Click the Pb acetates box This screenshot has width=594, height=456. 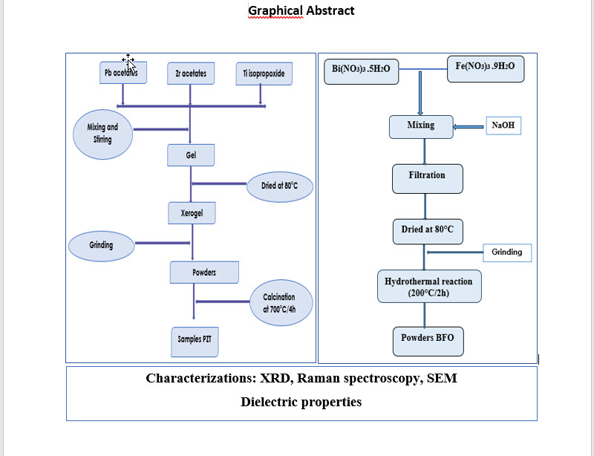point(123,74)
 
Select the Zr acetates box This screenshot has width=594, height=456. point(191,74)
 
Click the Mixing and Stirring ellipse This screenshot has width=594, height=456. point(102,134)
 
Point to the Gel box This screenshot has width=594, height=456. point(191,155)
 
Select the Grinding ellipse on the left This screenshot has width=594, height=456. point(101,245)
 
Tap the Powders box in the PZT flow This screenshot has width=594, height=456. point(204,273)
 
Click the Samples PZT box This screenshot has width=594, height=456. point(195,339)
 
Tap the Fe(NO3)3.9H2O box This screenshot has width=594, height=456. point(485,68)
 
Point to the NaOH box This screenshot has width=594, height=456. point(503,126)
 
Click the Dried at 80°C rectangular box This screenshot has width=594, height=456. point(427,231)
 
